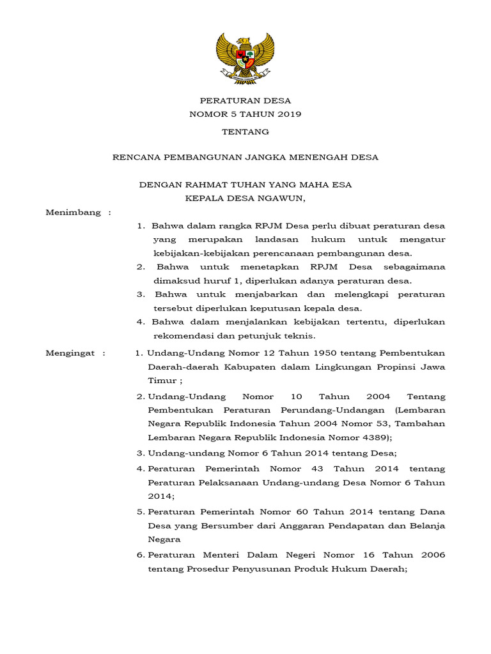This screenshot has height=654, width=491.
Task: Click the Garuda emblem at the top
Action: (x=245, y=58)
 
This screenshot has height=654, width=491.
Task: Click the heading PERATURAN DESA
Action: (x=245, y=101)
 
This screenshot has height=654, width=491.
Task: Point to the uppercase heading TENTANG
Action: (x=245, y=132)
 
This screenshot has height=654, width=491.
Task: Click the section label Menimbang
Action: (x=74, y=213)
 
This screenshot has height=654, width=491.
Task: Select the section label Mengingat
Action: (x=71, y=353)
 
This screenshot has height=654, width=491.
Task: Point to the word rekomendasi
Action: (x=183, y=336)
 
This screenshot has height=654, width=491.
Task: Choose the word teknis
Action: (x=301, y=336)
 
